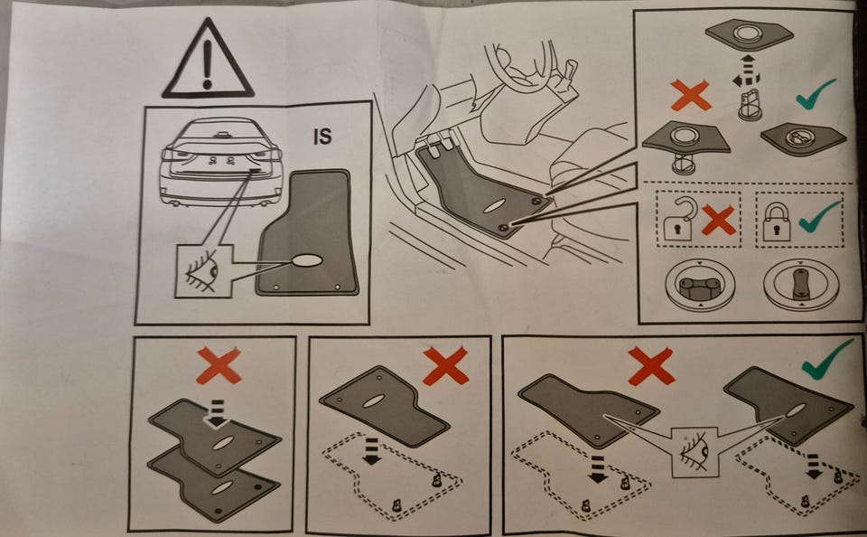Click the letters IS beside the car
(322, 137)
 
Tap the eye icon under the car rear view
(202, 270)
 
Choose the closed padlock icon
(776, 221)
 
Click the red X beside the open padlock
(718, 220)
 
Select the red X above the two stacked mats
(219, 365)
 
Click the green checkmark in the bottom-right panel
(827, 359)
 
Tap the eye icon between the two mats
(695, 452)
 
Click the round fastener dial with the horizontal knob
(699, 285)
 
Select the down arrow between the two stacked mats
(218, 413)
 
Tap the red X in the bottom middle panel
(445, 365)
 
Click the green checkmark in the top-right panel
(816, 93)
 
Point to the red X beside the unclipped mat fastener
(691, 95)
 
